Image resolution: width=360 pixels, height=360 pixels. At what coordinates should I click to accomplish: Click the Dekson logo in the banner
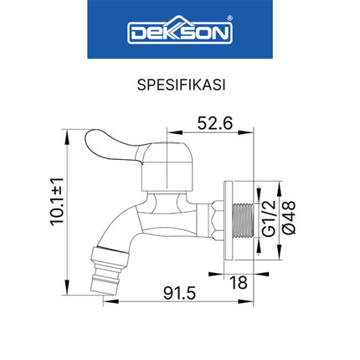(179, 33)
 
